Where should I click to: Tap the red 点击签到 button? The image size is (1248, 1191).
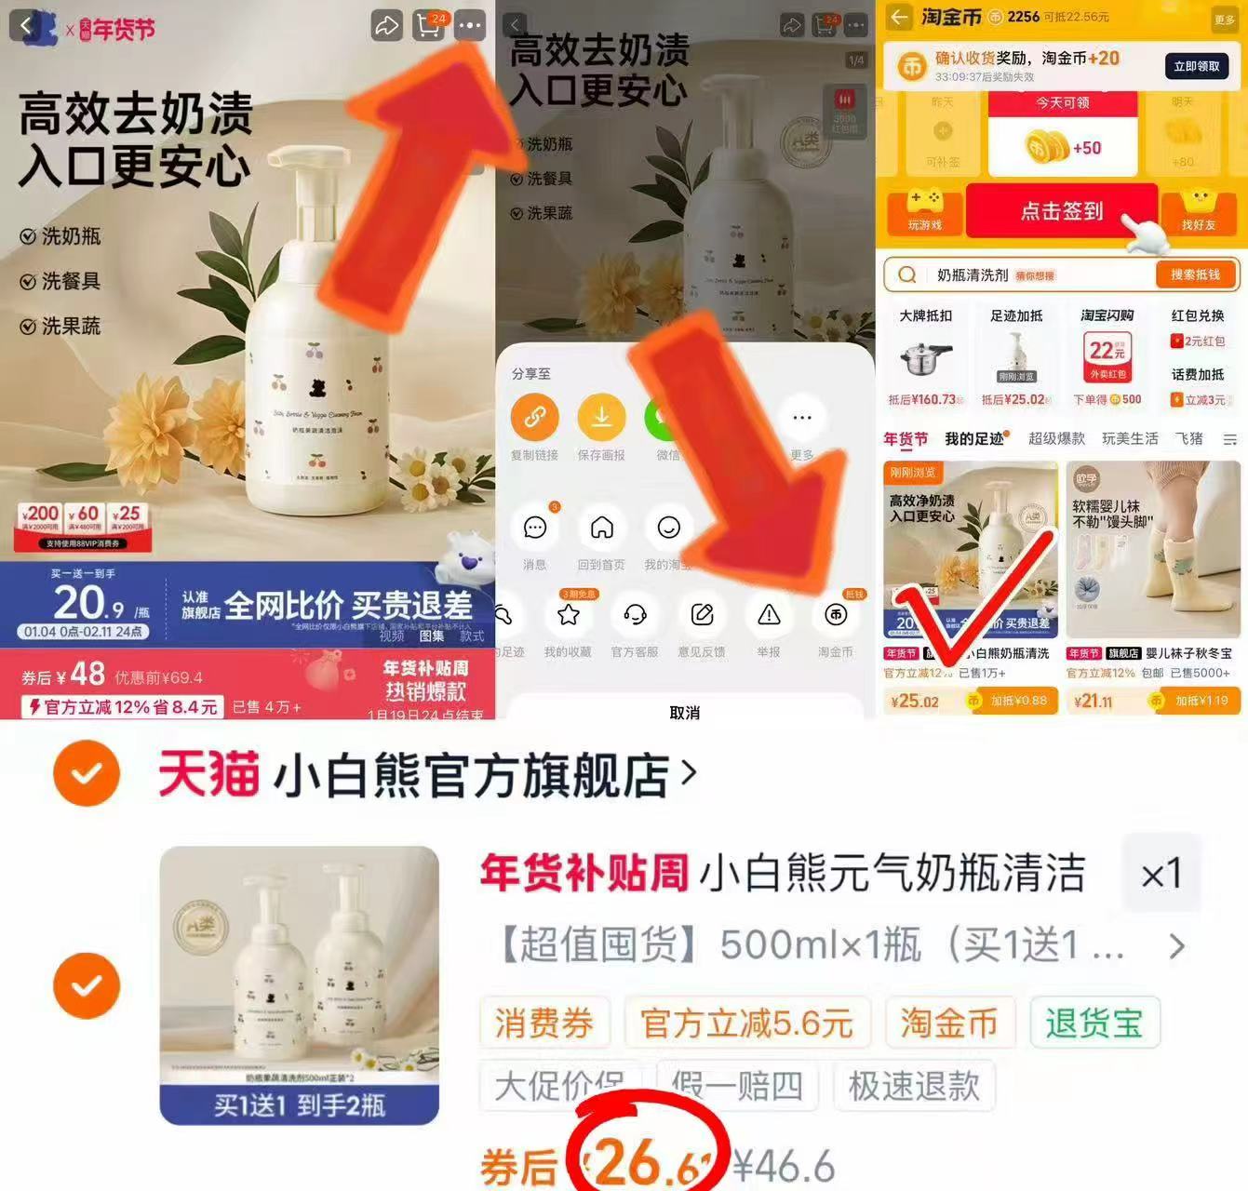tap(1061, 211)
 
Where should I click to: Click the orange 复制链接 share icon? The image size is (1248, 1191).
tap(534, 417)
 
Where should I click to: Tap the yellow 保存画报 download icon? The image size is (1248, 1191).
tap(601, 417)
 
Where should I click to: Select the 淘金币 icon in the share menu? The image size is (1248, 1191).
tap(836, 615)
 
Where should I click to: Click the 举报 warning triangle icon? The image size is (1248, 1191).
tap(769, 615)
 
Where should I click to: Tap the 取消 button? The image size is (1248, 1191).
tap(684, 712)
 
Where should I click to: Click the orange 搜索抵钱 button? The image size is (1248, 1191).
tap(1195, 274)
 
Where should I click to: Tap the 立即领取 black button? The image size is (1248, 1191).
tap(1196, 66)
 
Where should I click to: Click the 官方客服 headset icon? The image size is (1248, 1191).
tap(635, 615)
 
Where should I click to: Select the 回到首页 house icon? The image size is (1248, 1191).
tap(601, 529)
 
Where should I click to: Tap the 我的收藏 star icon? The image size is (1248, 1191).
tap(568, 615)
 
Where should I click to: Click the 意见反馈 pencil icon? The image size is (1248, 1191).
tap(702, 615)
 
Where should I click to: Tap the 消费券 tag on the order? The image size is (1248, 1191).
tap(544, 1024)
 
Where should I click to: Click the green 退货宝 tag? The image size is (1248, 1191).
tap(1094, 1024)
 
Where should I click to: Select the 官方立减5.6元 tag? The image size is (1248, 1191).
tap(746, 1024)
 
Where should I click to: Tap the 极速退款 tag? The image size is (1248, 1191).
tap(914, 1086)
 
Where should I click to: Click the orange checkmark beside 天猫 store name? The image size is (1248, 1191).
tap(87, 772)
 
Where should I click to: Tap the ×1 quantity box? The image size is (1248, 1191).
tap(1161, 874)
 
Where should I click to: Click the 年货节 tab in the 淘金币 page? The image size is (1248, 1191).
tap(905, 439)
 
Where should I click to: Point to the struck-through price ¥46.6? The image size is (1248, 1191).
tap(784, 1166)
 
